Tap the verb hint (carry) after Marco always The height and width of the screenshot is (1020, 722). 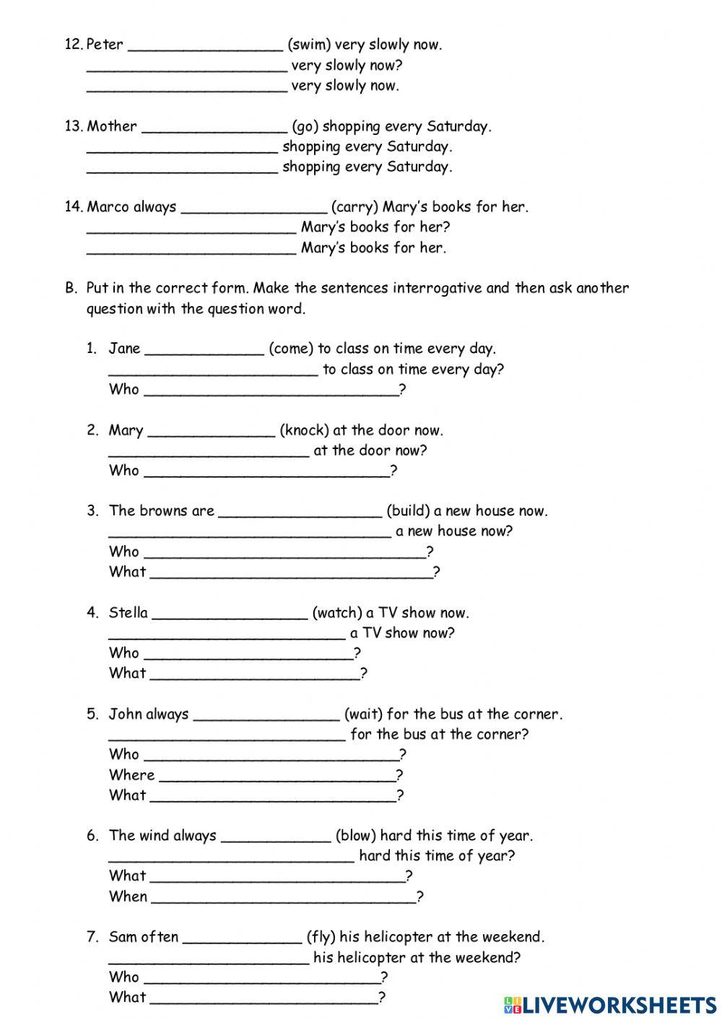(354, 207)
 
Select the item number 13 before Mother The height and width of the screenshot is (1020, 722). (74, 126)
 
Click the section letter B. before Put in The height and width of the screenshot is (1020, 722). (71, 288)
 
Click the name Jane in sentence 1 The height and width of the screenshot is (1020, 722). (124, 349)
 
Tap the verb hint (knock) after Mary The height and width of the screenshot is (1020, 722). (304, 430)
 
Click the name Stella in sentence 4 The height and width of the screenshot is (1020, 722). (129, 613)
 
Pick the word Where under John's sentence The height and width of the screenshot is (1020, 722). (131, 775)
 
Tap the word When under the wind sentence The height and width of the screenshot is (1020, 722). (128, 897)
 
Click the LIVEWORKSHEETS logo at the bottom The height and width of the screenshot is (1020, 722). (610, 1004)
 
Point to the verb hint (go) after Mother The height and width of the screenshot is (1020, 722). (305, 127)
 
